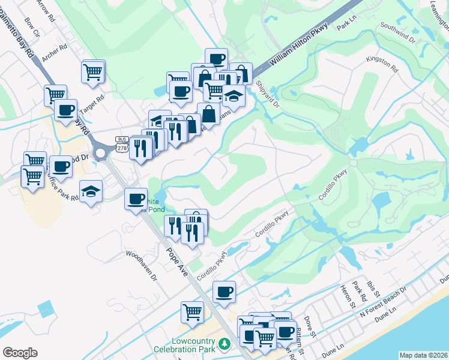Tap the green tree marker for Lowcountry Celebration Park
[224, 344]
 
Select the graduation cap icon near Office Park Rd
[91, 191]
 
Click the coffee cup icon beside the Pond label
[136, 198]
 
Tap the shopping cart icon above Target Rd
[92, 71]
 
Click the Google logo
[20, 353]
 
